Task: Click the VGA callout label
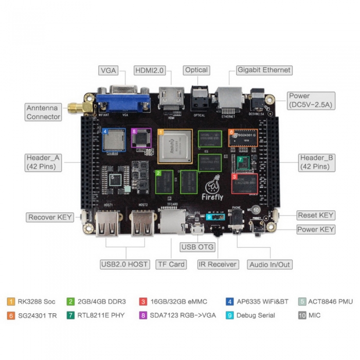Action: (109, 70)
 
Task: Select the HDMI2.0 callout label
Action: (149, 70)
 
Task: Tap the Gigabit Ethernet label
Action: (264, 70)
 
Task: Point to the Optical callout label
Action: (196, 70)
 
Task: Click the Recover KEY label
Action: (50, 218)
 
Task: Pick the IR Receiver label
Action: (218, 264)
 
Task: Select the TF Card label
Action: (170, 264)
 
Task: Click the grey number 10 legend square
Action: (302, 315)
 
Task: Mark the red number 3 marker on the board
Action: (235, 176)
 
